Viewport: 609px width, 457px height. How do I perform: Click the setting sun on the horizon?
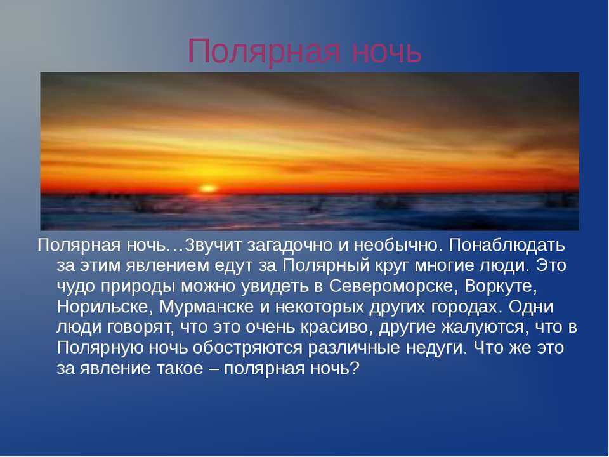click(207, 188)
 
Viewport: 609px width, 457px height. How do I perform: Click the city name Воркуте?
click(501, 286)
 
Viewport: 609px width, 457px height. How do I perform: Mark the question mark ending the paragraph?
click(355, 369)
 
